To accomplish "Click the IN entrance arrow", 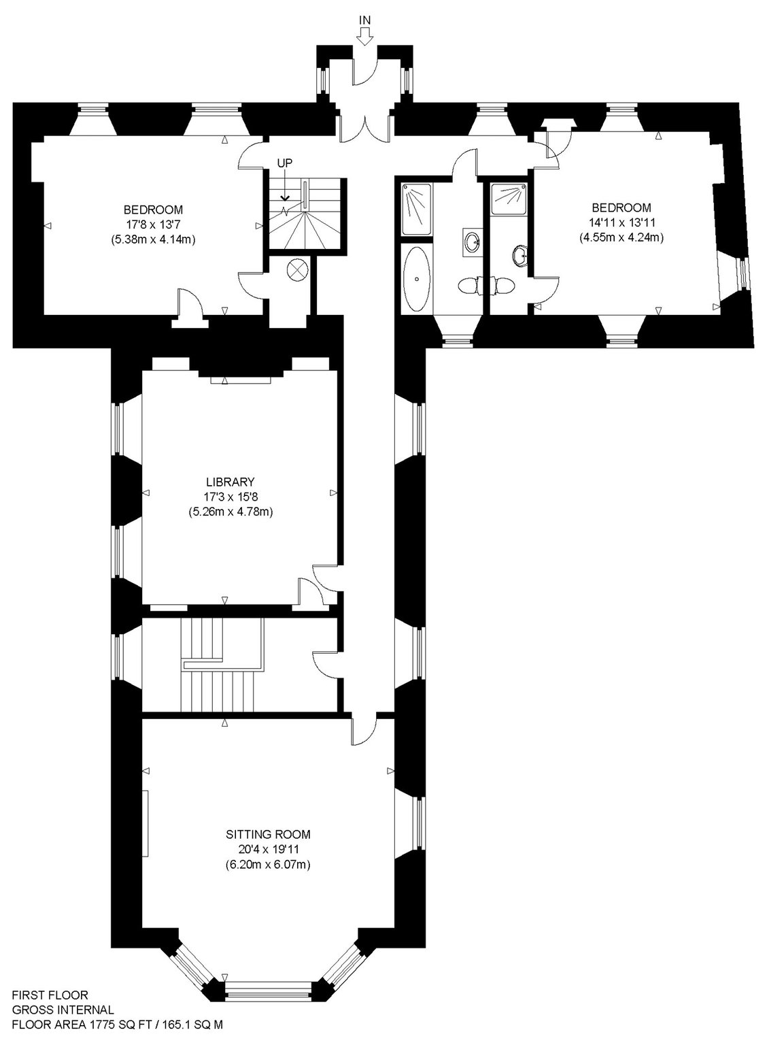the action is pos(364,36).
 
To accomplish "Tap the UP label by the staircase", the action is pos(285,163).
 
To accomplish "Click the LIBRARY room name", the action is pos(231,482).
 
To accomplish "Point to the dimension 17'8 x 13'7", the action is pos(153,225).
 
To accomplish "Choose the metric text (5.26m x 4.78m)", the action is pos(231,512).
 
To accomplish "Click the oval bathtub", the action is pos(416,279).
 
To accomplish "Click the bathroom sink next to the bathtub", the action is pos(473,242).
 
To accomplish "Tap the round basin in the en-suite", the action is pos(520,255).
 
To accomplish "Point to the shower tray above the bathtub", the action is pos(416,209).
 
